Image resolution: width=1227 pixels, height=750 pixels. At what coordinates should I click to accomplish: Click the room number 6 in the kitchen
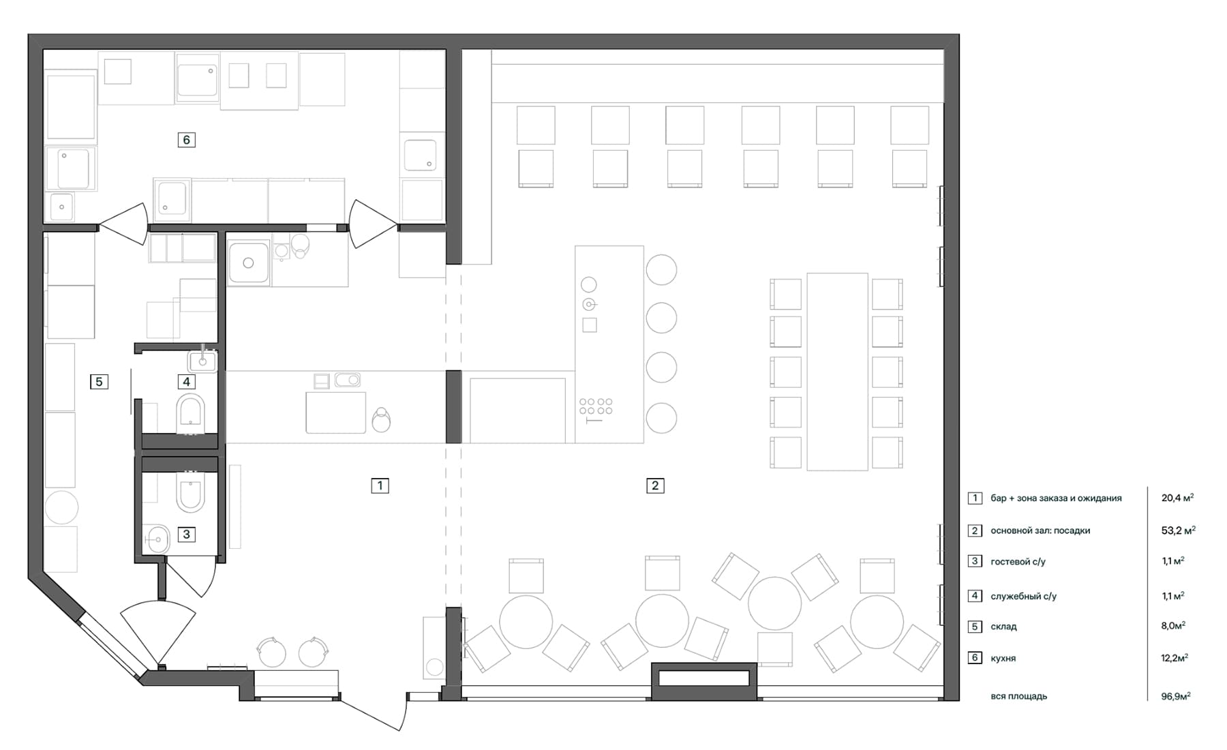[186, 140]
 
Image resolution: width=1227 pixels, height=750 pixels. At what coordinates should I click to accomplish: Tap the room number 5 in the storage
[99, 382]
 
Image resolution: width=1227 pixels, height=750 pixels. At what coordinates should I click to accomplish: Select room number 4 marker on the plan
[186, 382]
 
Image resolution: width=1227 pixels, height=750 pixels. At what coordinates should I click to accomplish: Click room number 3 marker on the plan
[187, 535]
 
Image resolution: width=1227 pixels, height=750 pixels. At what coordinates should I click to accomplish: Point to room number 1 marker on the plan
[380, 485]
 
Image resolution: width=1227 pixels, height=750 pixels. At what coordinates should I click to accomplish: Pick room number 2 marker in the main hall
[655, 485]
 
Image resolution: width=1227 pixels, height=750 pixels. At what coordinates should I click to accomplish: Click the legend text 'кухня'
[1003, 659]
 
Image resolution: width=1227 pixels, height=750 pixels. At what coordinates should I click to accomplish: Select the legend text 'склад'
[1004, 627]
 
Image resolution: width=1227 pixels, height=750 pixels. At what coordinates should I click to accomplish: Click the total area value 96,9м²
[1176, 696]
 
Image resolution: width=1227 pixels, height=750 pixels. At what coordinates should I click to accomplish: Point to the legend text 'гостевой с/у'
[1018, 562]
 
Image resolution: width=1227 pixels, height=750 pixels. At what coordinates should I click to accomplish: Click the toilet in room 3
[190, 492]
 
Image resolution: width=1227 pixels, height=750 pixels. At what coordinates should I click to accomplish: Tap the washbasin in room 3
[157, 539]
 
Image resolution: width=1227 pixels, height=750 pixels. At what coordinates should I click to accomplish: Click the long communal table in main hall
[837, 372]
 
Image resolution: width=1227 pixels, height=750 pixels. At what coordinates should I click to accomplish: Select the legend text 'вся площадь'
[1019, 696]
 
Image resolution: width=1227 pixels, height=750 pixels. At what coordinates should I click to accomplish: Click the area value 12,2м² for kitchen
[1175, 658]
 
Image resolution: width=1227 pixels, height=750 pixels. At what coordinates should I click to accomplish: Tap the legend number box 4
[975, 596]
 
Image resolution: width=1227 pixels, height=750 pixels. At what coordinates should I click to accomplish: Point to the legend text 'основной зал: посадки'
[1040, 530]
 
